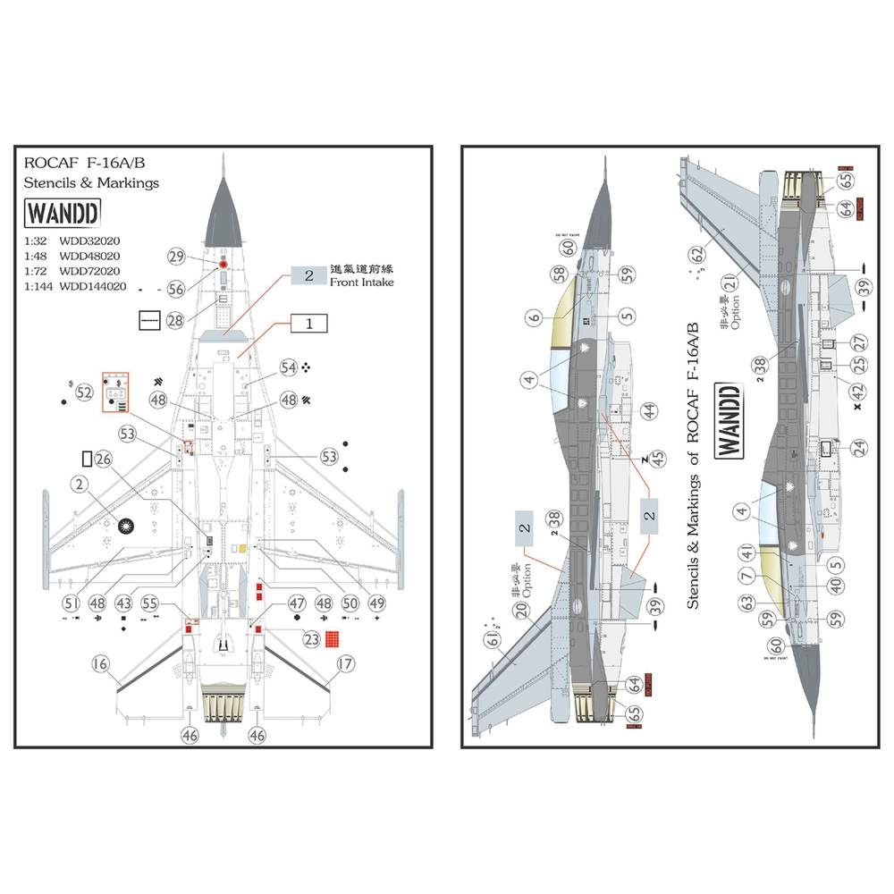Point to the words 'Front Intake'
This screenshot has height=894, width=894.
point(362,283)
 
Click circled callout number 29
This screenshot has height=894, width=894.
point(176,257)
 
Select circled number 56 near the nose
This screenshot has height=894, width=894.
point(176,289)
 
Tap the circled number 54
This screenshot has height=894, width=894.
point(288,367)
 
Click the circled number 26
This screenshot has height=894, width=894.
point(103,459)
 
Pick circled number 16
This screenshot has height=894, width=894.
point(100,663)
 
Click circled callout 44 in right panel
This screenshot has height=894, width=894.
point(648,411)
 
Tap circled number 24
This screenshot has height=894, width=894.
point(859,447)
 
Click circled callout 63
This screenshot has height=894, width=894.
point(747,604)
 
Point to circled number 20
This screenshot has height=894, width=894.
point(521,612)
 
